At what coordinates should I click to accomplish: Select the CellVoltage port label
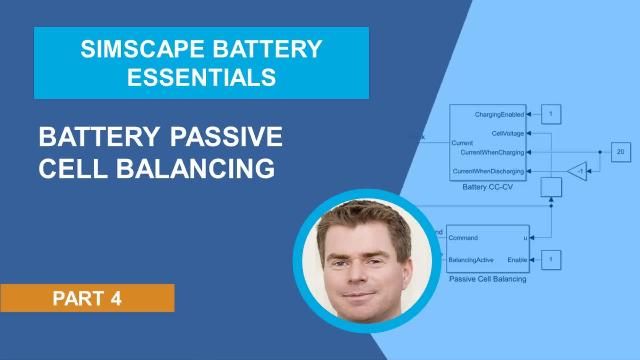coord(505,132)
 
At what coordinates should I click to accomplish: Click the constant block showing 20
coord(620,152)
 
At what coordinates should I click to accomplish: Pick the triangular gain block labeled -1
coord(577,171)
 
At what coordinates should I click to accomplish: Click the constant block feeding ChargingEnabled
coord(551,114)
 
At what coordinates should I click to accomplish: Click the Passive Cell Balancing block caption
coord(487,279)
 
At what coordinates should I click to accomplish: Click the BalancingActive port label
coord(473,259)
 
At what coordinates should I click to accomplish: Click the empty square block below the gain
coord(551,187)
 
